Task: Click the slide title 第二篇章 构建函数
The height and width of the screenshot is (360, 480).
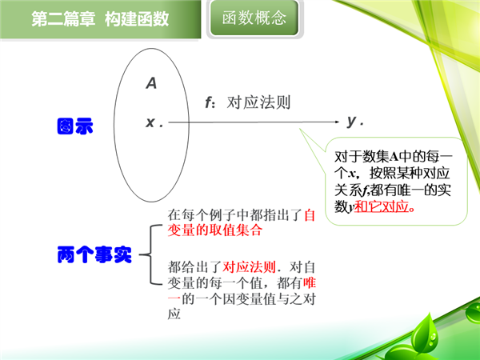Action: pos(100,19)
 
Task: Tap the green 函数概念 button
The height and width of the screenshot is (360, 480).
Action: pos(254,18)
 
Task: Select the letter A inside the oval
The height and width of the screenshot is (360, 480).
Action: pos(151,83)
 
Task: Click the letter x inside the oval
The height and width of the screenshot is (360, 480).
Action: pos(150,122)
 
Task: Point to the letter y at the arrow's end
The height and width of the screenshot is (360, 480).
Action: pos(352,121)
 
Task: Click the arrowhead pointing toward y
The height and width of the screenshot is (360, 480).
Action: pos(337,122)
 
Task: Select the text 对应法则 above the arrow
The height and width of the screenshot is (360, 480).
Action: pos(258,102)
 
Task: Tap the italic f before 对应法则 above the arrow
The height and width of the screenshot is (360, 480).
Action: pos(209,102)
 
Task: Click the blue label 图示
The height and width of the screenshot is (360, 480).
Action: pos(75,126)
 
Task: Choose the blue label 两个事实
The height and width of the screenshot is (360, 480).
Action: pos(94,254)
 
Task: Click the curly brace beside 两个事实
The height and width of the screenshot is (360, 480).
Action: pos(150,254)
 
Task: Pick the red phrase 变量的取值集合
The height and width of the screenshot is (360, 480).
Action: pos(215,230)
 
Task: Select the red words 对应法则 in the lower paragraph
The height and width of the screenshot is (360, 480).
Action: pos(249,267)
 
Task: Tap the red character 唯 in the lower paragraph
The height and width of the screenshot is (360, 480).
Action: pos(310,283)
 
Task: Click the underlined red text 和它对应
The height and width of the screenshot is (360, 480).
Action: pos(382,206)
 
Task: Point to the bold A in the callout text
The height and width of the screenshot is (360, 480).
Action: pos(394,157)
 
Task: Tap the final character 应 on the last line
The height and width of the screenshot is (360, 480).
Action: pos(174,314)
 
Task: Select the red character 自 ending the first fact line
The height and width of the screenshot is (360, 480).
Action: pos(310,215)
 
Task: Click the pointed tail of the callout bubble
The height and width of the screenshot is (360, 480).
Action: pos(300,129)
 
